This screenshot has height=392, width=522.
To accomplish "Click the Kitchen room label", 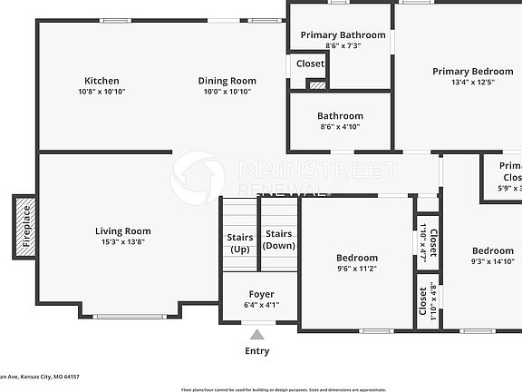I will (101, 81).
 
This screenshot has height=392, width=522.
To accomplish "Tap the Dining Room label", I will (227, 81).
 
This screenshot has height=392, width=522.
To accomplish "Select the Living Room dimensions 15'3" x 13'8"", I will (123, 242).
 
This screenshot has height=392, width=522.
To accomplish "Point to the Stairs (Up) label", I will (240, 243).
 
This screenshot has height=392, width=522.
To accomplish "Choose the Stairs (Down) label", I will (278, 240).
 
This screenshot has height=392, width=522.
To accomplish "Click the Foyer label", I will (261, 295).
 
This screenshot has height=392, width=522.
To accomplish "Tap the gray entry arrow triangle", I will (257, 335).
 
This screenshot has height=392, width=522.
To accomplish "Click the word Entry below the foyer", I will (257, 351).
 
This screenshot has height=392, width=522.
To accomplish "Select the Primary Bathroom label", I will (343, 35).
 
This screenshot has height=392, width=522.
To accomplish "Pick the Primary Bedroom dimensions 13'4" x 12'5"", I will (473, 82).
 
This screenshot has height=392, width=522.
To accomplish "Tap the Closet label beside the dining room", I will (311, 64).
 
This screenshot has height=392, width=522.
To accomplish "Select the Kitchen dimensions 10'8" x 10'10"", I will (101, 92).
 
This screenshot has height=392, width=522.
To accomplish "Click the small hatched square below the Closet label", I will (316, 85).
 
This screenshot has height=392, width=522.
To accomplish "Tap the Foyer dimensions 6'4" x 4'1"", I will (261, 305).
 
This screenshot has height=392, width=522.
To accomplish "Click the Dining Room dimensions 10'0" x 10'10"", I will (227, 92).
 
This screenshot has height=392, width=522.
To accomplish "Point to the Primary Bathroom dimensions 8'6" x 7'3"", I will (343, 45).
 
